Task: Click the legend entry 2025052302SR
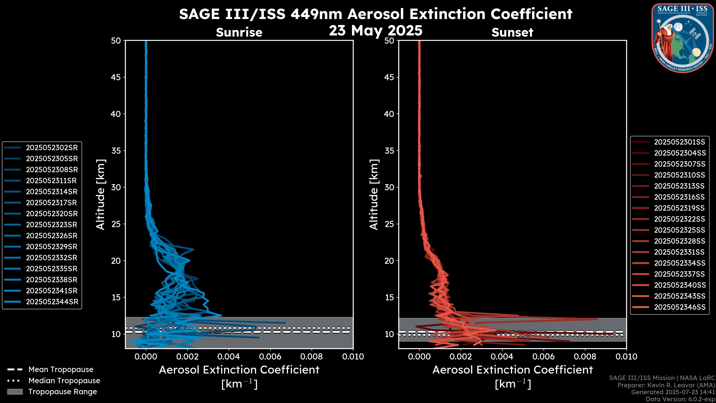click(52, 148)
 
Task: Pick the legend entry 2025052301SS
click(679, 142)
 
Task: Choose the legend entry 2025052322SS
click(679, 219)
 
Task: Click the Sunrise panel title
click(239, 32)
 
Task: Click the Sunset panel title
click(512, 32)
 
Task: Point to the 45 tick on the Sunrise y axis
click(116, 77)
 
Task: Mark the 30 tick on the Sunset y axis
click(389, 187)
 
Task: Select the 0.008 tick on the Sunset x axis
click(585, 357)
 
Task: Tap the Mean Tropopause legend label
click(61, 370)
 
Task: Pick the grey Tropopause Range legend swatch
click(15, 392)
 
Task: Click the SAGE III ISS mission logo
click(683, 38)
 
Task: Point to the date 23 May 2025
click(376, 31)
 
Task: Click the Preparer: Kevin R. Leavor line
click(666, 385)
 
